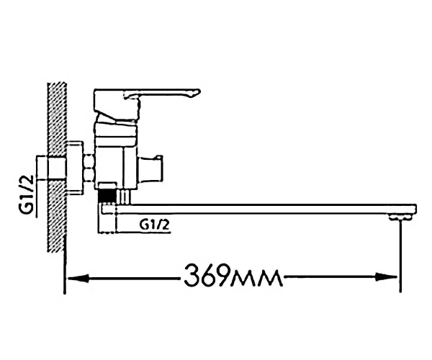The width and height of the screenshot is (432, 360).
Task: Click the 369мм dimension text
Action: tap(233, 276)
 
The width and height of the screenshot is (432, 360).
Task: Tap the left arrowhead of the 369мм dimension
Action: tap(78, 278)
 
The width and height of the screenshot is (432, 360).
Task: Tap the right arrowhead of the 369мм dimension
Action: tap(387, 277)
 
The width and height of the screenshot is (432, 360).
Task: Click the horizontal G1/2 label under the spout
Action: tap(154, 225)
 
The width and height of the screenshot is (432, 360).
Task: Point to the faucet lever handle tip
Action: tap(198, 91)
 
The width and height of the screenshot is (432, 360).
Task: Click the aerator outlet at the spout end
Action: tap(400, 217)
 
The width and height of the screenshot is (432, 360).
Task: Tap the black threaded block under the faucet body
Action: tap(107, 197)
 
